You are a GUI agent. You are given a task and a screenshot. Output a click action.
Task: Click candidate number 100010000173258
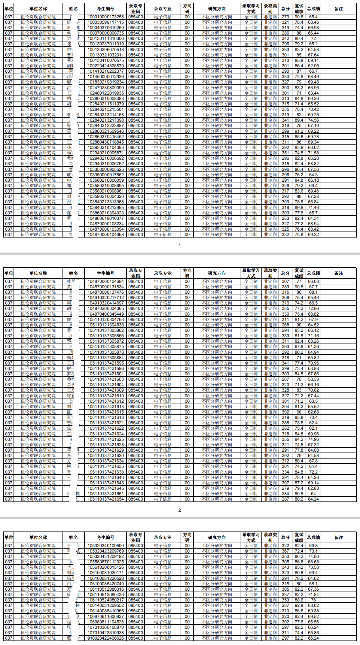pos(105,17)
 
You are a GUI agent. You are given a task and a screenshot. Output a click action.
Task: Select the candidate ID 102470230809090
pos(105,88)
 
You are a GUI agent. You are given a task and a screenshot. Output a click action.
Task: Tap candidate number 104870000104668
pos(105,235)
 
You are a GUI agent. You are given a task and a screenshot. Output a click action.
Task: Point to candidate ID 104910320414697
pos(105,303)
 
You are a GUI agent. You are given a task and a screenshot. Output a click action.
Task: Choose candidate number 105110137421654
pos(105,499)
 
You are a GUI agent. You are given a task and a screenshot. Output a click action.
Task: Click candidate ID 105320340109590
pos(105,546)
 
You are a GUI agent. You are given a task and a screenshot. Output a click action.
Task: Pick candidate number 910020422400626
pos(105,638)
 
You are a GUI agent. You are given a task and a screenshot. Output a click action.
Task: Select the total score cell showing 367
pos(285,551)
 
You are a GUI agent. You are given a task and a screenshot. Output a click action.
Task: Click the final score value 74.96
pos(313,439)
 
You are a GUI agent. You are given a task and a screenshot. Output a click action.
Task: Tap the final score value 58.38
pos(313,379)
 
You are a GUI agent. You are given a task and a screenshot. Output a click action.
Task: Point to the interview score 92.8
pos(299,605)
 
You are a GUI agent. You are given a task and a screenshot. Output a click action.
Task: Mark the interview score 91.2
pos(299,131)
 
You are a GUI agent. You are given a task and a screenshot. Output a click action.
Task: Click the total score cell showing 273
pos(285,17)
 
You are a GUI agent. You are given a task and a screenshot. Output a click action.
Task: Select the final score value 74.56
pos(313,120)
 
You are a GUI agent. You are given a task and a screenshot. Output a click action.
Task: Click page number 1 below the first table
pos(180,246)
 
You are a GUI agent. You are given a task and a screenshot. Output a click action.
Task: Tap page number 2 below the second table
pos(180,510)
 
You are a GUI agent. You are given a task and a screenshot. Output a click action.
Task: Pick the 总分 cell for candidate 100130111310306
pos(285,38)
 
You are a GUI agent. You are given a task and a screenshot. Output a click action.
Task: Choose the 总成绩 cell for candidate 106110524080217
pos(313,600)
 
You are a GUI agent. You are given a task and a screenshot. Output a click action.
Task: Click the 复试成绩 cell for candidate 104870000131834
pos(299,287)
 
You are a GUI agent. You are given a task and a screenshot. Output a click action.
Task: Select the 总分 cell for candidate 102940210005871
pos(285,153)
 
